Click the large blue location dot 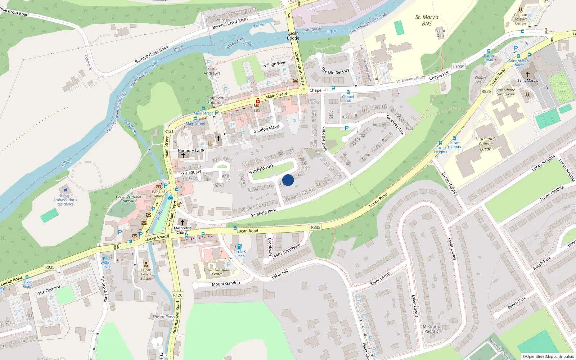pos(288,180)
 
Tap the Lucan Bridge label pos(293,36)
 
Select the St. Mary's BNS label pos(427,20)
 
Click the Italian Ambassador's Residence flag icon pos(65,190)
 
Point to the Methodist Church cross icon pos(183,222)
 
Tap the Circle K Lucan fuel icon pos(239,247)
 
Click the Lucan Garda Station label pos(146,274)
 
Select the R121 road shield pos(169,131)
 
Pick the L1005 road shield pos(458,67)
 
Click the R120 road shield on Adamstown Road pos(178,295)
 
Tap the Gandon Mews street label pos(266,129)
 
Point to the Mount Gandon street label pos(226,284)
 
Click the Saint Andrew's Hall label pos(212,73)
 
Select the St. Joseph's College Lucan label pos(485,144)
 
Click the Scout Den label pos(440,33)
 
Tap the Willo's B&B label pos(106,265)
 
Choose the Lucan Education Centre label pos(217,272)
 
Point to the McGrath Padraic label pos(431,329)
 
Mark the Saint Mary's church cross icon pos(528,74)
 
